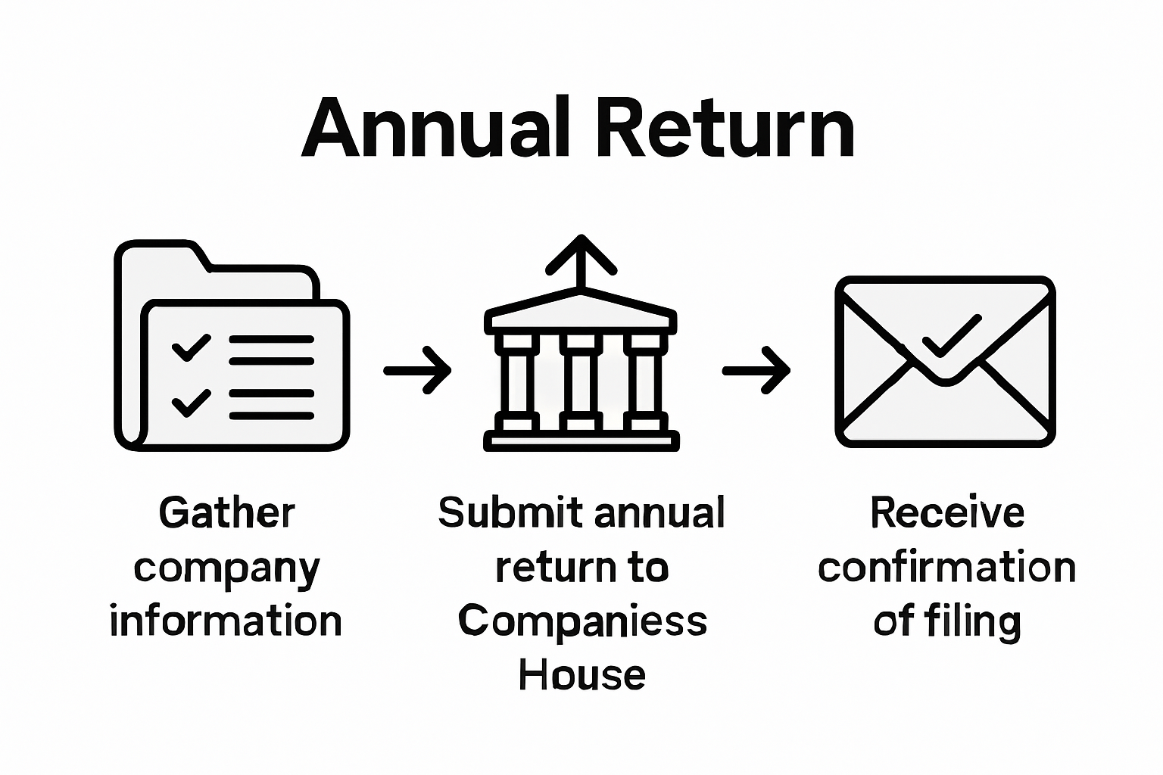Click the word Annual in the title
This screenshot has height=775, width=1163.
(x=435, y=129)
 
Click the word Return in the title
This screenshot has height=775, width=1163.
(x=725, y=129)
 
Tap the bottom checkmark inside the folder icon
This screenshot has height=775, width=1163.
(x=191, y=403)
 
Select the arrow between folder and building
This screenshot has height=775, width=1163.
(x=417, y=370)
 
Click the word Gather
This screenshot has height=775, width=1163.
(x=226, y=514)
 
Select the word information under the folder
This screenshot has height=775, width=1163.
(x=226, y=622)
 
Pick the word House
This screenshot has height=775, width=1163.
(x=581, y=675)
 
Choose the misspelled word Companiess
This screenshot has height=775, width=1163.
(x=582, y=621)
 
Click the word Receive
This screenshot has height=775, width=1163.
(x=946, y=513)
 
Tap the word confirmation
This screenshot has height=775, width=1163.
(x=946, y=568)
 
